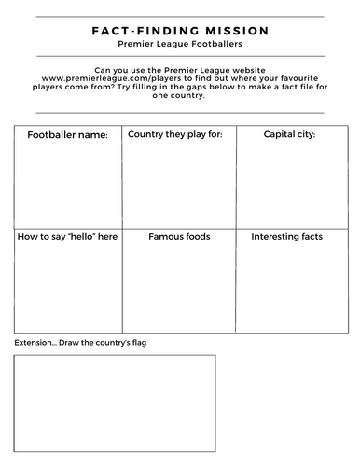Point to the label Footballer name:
point(68,135)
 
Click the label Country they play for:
point(174,134)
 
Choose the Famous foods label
point(179,237)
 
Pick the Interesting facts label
point(287,237)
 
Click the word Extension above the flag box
point(34,342)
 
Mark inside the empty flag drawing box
point(114,401)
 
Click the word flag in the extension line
point(138,342)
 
